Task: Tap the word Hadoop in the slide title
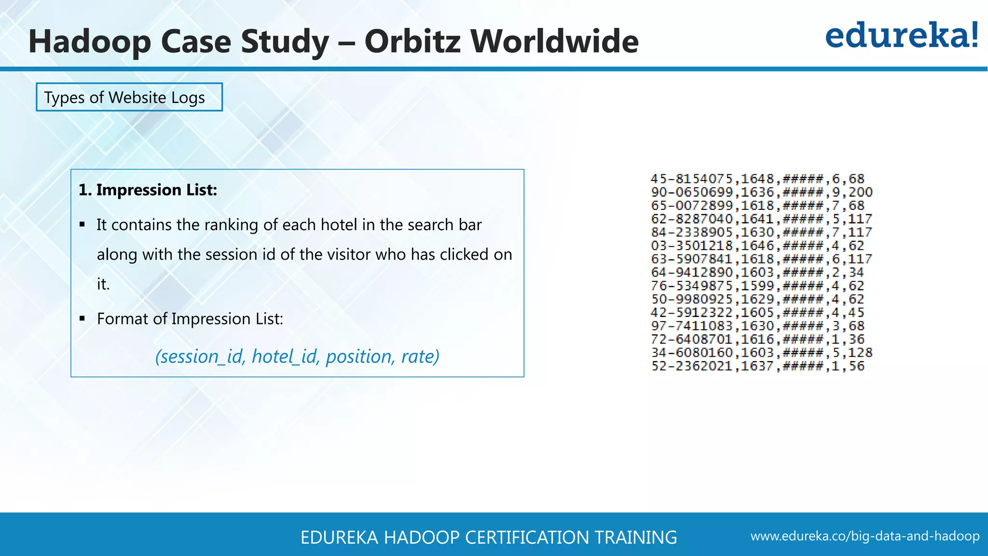pos(90,42)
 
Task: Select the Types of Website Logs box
pos(129,97)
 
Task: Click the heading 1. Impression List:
pos(148,190)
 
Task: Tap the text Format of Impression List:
pos(190,319)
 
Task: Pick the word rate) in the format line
pos(420,357)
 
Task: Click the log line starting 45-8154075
pos(757,179)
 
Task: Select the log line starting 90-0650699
pos(762,192)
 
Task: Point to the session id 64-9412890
pos(692,273)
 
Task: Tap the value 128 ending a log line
pos(861,353)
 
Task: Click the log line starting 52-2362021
pos(757,366)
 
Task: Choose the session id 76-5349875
pos(692,286)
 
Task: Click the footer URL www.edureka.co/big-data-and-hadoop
pos(865,536)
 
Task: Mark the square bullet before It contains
pos(82,224)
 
